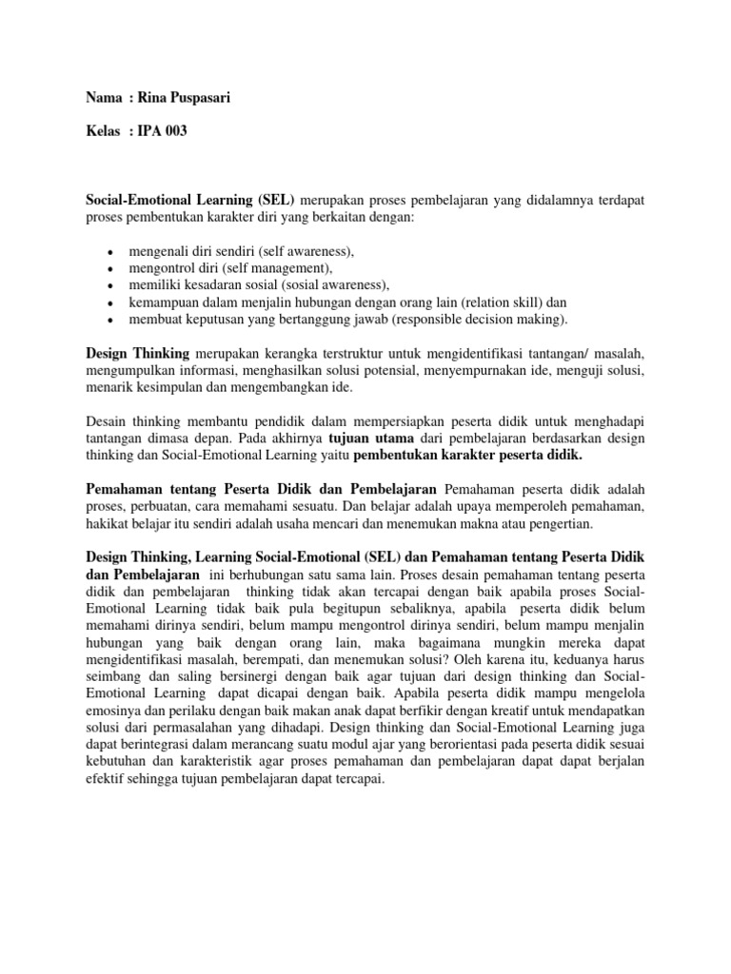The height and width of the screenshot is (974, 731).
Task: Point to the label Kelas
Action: (104, 131)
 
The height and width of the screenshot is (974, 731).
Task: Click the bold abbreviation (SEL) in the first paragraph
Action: (276, 201)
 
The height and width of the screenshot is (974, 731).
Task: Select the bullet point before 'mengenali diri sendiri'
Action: (111, 252)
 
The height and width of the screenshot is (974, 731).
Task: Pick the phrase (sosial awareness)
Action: (329, 285)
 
